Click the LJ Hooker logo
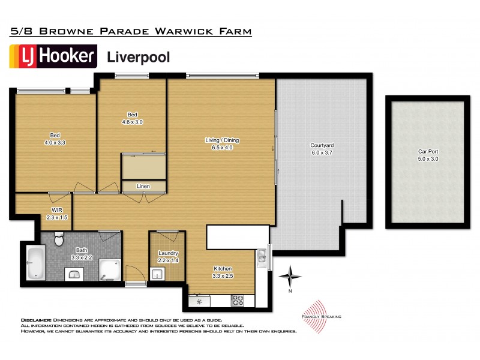pyautogui.click(x=53, y=56)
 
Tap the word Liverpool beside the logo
pyautogui.click(x=138, y=57)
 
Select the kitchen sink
pyautogui.click(x=262, y=259)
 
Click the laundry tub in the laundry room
pyautogui.click(x=157, y=275)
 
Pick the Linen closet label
pyautogui.click(x=143, y=187)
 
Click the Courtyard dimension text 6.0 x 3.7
pyautogui.click(x=322, y=153)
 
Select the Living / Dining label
pyautogui.click(x=222, y=140)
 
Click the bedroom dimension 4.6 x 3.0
pyautogui.click(x=133, y=122)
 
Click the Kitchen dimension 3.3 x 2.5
pyautogui.click(x=221, y=277)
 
